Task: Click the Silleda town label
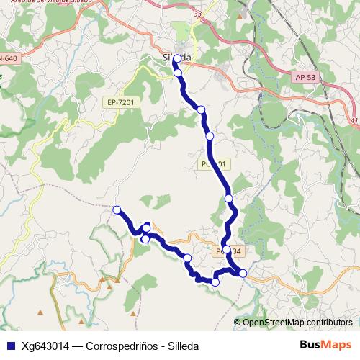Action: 177,58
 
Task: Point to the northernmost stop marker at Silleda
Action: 176,59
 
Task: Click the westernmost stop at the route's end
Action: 117,210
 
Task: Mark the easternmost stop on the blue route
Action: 243,273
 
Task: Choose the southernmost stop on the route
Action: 215,282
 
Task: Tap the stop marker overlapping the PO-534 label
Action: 226,250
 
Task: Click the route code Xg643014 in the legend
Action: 48,346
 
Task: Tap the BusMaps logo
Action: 325,345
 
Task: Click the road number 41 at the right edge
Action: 354,121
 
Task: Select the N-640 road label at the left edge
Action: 8,58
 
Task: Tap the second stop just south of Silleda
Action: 178,73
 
